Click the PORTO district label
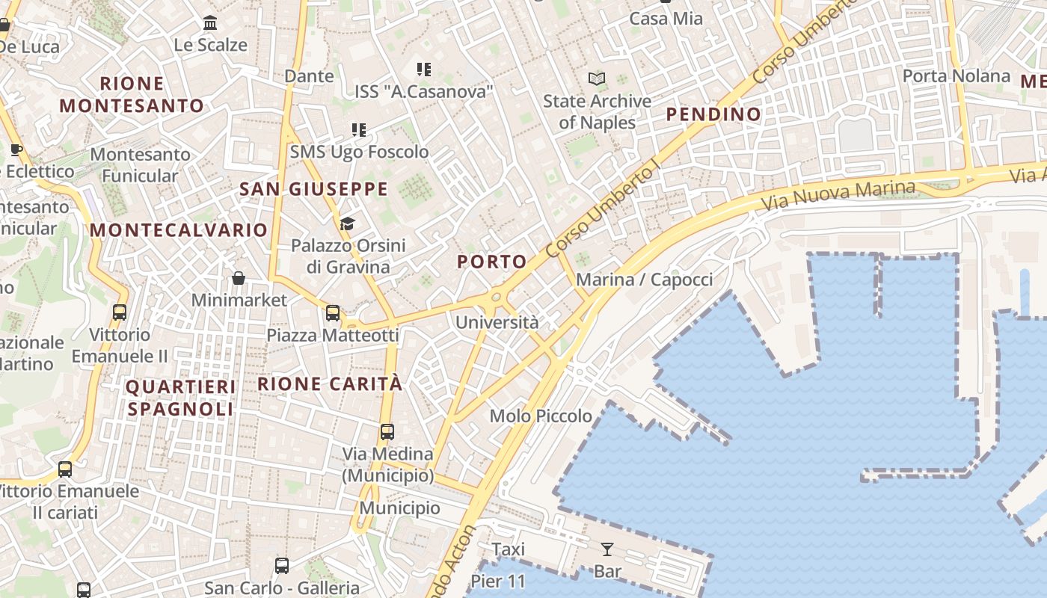(x=491, y=262)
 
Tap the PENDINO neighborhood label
(x=713, y=114)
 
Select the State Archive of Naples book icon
(x=597, y=78)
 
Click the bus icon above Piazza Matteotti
(x=333, y=313)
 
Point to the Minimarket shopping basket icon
(x=239, y=279)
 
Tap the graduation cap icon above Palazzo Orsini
(x=347, y=224)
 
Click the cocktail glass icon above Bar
(x=607, y=550)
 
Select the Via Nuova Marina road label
(x=838, y=196)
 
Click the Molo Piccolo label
(x=541, y=416)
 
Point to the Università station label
(x=497, y=322)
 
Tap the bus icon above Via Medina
(x=387, y=432)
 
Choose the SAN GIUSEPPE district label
(x=313, y=189)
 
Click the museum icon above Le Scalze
(x=210, y=23)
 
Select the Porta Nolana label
(x=956, y=76)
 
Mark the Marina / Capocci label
(x=644, y=280)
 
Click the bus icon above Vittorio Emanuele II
(x=120, y=312)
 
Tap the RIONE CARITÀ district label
(x=330, y=384)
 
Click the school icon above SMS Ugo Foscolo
(x=359, y=130)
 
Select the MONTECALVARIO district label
(x=179, y=230)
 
